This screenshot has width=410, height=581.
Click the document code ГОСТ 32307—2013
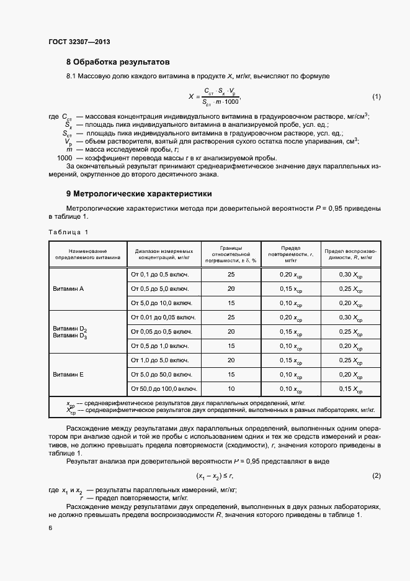pos(79,43)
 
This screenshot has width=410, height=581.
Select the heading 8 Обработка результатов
pos(118,62)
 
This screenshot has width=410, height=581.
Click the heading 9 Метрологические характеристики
pos(139,193)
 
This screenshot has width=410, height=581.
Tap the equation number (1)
pos(376,97)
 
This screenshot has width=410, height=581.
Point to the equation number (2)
pos(376,475)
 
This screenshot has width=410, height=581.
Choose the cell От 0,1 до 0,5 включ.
pos(159,274)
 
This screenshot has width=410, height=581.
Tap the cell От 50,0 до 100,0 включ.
pos(163,389)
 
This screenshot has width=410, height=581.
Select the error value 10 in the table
pos(231,389)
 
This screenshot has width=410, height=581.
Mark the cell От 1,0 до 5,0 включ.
pos(159,360)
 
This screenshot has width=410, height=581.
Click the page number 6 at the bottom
pos(50,528)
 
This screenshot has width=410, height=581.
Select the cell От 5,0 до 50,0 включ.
pos(161,375)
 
